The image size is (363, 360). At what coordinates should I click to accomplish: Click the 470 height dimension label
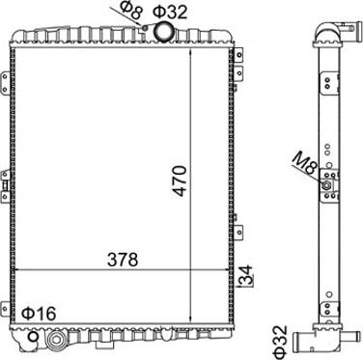[181, 180]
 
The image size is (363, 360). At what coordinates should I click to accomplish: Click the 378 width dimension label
[123, 260]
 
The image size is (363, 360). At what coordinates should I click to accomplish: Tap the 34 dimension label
[247, 276]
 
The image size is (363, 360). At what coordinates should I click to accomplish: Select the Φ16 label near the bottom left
[39, 314]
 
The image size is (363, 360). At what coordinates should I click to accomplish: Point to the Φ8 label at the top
[132, 11]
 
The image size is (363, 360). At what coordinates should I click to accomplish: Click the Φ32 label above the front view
[170, 12]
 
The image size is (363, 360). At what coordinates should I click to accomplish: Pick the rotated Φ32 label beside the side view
[279, 342]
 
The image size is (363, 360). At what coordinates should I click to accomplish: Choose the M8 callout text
[305, 164]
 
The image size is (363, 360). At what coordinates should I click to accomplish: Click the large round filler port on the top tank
[164, 31]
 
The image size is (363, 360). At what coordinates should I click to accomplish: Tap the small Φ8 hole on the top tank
[145, 28]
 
